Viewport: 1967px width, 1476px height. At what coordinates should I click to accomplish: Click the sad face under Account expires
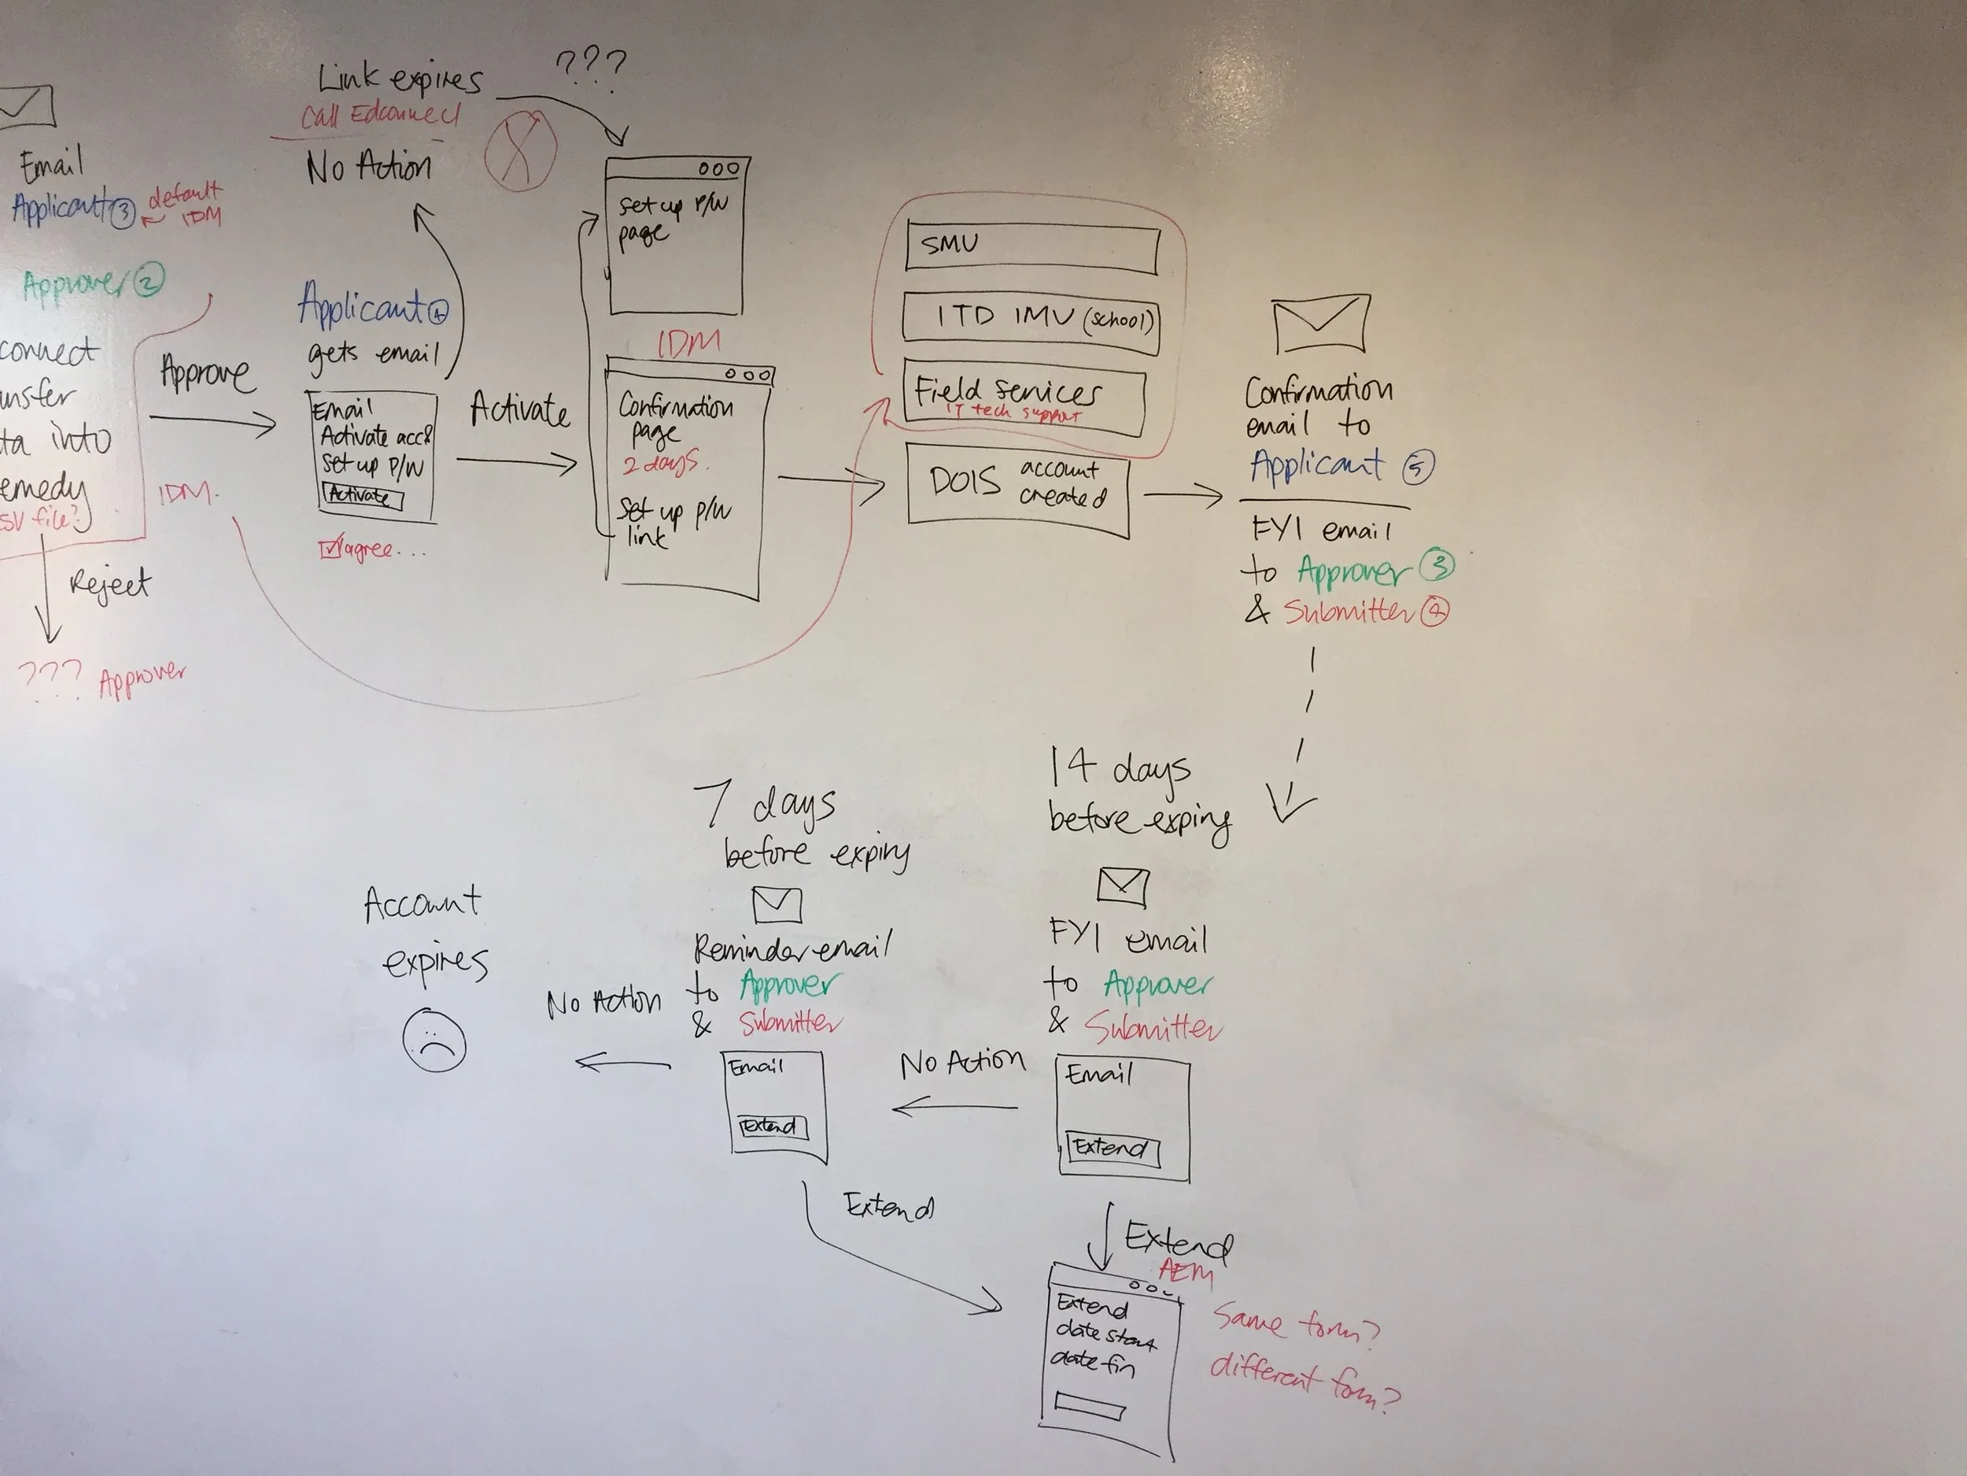coord(434,1039)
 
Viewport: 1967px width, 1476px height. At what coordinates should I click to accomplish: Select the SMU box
coord(1032,246)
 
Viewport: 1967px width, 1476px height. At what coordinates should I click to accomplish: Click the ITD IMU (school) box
coord(1031,320)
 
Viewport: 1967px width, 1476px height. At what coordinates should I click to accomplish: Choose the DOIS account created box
coord(1017,490)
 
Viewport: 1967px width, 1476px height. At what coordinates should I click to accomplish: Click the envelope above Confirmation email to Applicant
coord(1320,324)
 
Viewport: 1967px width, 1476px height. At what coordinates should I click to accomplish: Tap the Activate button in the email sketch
coord(363,496)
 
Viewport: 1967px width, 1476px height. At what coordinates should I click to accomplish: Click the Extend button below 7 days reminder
coord(772,1126)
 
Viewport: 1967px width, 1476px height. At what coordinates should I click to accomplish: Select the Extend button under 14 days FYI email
coord(1113,1148)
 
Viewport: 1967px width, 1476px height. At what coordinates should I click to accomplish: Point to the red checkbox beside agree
coord(329,548)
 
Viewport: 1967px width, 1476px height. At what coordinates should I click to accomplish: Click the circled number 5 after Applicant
coord(1418,467)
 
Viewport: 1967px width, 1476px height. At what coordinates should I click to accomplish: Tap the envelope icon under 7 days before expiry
coord(777,904)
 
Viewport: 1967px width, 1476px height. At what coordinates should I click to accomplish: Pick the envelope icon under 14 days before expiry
coord(1122,886)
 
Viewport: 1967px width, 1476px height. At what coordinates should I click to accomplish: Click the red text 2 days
coord(659,464)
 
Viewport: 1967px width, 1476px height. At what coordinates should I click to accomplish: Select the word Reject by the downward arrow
coord(109,585)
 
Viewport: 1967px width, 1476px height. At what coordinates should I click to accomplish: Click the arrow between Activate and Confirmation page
coord(517,462)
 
